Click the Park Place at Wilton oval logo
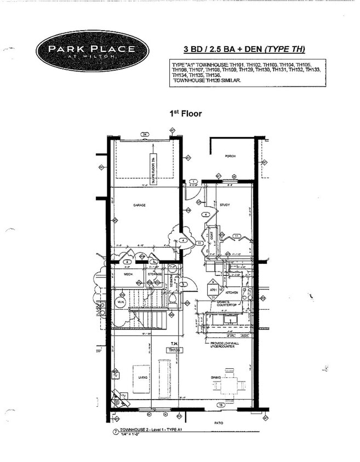click(x=92, y=51)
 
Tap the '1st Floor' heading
click(x=186, y=113)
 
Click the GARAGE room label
click(x=139, y=205)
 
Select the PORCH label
click(x=230, y=157)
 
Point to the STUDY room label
click(x=225, y=205)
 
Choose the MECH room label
click(x=128, y=274)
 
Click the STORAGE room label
click(x=155, y=274)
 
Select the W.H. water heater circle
click(x=121, y=302)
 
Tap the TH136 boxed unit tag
click(x=174, y=350)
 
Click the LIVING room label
click(x=142, y=377)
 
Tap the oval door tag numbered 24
click(x=145, y=134)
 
